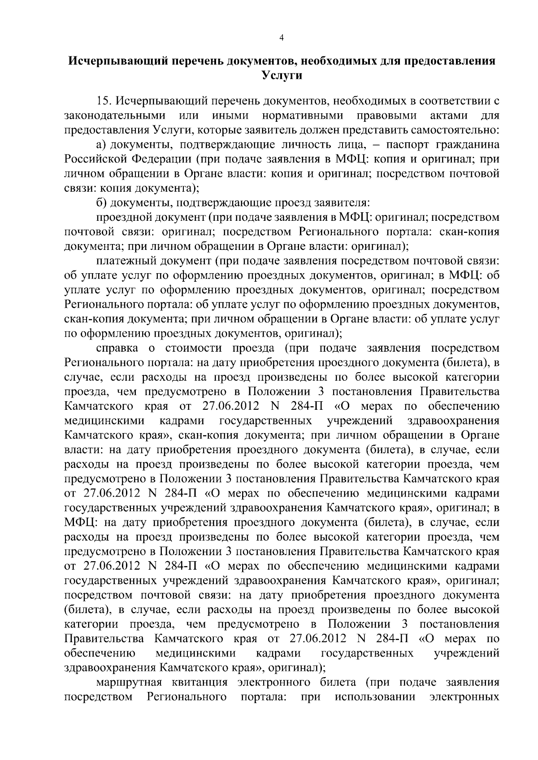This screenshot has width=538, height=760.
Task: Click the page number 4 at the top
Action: coord(281,39)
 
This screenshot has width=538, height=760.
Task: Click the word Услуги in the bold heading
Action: coord(281,76)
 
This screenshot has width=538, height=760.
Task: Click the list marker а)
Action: coord(101,145)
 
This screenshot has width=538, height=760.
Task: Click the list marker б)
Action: coord(101,203)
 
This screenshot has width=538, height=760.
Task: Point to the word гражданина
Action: coord(470,145)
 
